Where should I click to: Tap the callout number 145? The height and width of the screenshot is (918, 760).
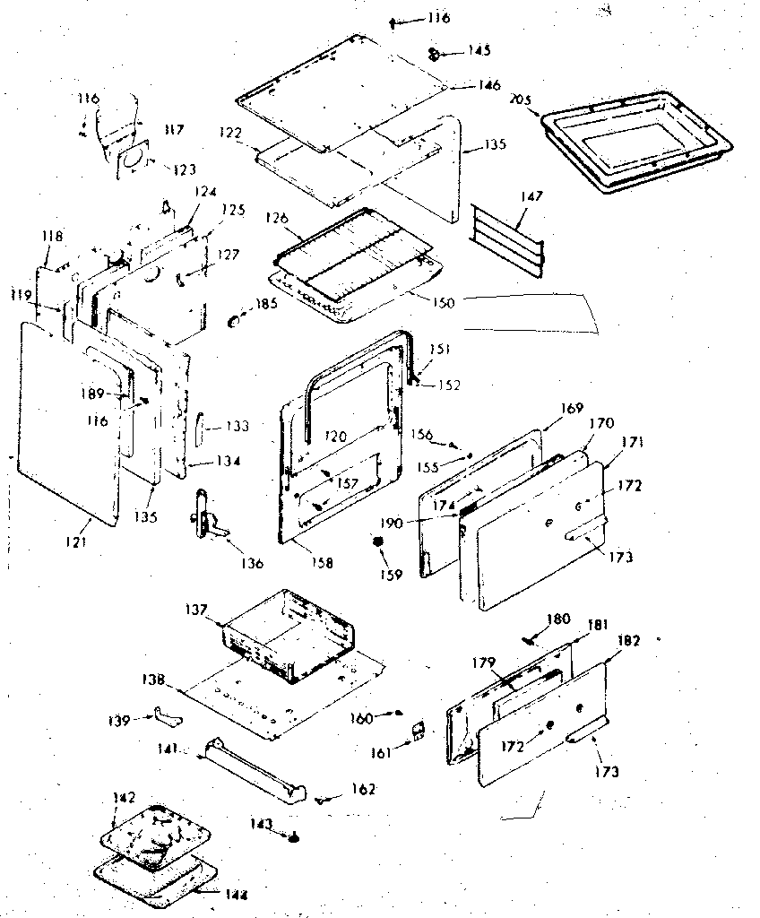[479, 50]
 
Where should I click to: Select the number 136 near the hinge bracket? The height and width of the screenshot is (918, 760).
[252, 563]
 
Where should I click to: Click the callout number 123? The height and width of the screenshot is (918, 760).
[184, 169]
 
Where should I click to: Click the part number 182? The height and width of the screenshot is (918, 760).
[629, 640]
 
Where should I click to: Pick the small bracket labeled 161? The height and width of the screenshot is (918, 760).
[417, 730]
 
